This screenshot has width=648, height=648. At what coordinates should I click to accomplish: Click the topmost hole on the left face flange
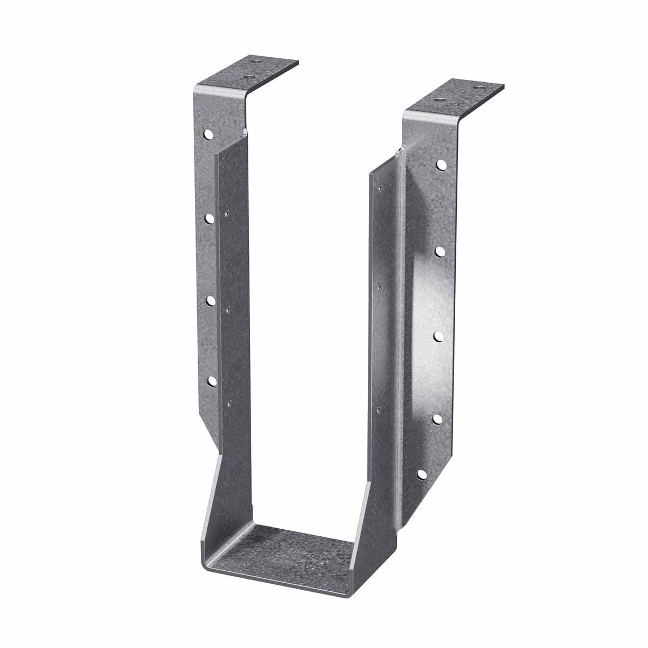pyautogui.click(x=208, y=133)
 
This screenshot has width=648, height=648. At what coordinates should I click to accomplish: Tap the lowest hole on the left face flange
pyautogui.click(x=212, y=382)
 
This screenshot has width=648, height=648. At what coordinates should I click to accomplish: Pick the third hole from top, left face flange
pyautogui.click(x=211, y=300)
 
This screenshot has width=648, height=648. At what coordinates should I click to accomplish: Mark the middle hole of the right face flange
pyautogui.click(x=438, y=336)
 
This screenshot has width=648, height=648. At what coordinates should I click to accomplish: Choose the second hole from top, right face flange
pyautogui.click(x=440, y=251)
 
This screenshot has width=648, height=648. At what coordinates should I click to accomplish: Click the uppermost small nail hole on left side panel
pyautogui.click(x=227, y=211)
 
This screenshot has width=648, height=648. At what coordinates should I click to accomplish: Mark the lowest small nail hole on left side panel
pyautogui.click(x=229, y=401)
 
